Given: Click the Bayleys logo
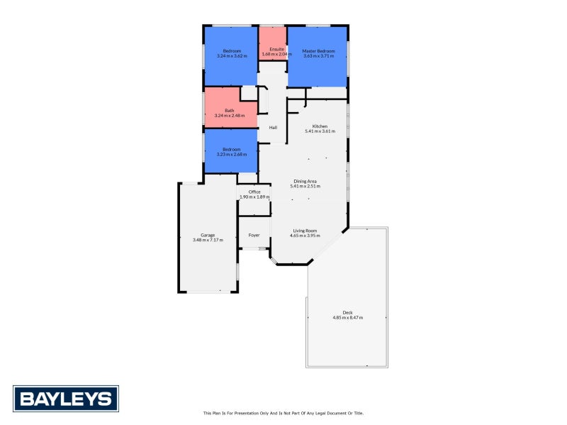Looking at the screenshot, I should [65, 398].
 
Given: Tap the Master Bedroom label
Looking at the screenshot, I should [318, 50].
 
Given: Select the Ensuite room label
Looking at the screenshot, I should [272, 49].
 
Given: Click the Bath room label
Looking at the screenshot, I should [230, 110].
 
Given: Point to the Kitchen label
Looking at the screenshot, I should [320, 126].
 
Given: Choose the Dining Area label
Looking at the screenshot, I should [307, 182].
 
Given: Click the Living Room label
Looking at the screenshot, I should [305, 231].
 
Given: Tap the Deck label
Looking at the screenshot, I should [347, 312].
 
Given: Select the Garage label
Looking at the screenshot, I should [208, 235].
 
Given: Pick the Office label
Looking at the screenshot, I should [254, 192].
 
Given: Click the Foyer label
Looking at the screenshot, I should [254, 235].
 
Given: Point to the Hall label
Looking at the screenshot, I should [272, 128].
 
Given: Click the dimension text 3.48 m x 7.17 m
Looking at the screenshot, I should [208, 241].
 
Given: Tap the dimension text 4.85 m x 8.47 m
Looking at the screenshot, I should [347, 318].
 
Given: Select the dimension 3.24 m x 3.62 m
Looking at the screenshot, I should [232, 55].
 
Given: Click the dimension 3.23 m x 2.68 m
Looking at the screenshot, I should [232, 154].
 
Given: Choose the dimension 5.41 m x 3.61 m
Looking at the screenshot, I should [320, 131].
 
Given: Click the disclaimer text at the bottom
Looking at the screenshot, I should [283, 412].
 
